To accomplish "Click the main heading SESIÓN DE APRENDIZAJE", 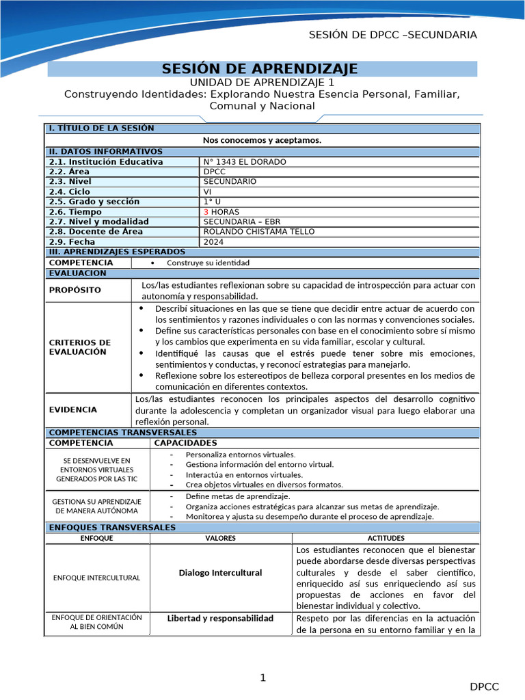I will click(x=260, y=69).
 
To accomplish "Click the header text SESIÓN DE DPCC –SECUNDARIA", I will click(x=393, y=35).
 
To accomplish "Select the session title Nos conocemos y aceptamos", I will click(x=262, y=140).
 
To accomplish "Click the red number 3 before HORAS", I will click(x=206, y=212).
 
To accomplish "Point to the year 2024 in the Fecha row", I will click(x=213, y=242).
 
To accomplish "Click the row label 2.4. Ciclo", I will click(x=70, y=192).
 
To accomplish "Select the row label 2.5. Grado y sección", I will click(x=94, y=202).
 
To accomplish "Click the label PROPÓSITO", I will click(x=75, y=290).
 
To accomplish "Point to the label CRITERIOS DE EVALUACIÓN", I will click(x=80, y=347).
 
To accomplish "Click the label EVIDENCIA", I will click(x=73, y=409).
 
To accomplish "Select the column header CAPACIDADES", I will click(x=186, y=443).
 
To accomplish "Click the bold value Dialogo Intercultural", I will click(x=220, y=573).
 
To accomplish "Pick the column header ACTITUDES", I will click(x=386, y=539).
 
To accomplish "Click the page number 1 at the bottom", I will click(x=262, y=677).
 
